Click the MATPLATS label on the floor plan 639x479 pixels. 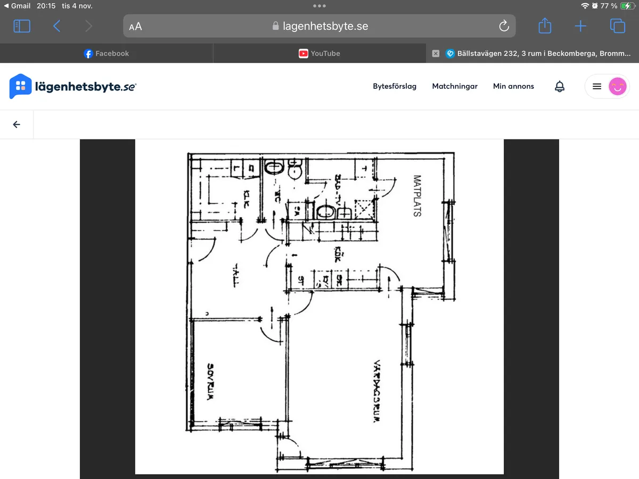[417, 196]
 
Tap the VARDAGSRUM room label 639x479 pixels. [376, 391]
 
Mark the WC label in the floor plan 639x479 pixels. [277, 197]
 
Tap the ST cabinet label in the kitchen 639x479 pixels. [301, 279]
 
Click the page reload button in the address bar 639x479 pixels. [504, 26]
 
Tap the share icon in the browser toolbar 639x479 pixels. [545, 26]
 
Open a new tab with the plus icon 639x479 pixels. [580, 26]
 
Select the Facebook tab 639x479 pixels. [106, 53]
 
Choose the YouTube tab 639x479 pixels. [319, 53]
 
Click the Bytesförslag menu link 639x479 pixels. [395, 86]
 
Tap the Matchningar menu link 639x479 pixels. [455, 86]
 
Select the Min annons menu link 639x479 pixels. [513, 86]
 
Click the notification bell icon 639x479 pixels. [560, 86]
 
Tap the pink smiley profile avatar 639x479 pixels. [617, 86]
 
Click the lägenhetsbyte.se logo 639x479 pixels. [73, 86]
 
